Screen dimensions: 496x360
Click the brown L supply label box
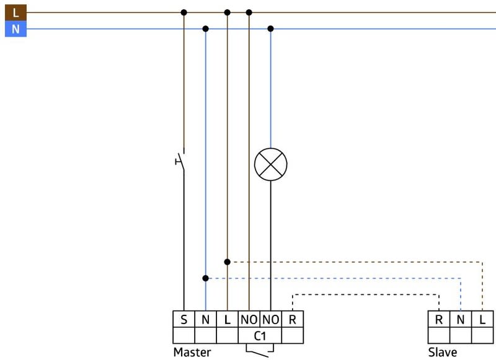15,12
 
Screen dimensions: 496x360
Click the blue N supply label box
15,29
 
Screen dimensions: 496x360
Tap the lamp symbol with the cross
271,164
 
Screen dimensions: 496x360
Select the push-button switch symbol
180,161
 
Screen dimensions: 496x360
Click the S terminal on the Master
184,320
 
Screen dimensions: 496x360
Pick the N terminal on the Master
206,320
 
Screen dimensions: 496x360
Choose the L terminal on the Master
227,320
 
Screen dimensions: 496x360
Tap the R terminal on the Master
293,320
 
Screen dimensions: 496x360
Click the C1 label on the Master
260,336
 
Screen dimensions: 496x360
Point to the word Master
192,352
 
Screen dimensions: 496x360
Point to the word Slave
443,352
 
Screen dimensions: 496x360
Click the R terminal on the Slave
439,320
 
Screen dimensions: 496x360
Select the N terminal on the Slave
461,320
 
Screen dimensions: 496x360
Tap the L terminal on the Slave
482,320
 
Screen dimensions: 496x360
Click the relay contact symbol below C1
260,351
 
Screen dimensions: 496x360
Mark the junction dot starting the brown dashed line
227,262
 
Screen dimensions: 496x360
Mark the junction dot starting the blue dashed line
206,278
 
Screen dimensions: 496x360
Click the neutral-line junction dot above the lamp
270,29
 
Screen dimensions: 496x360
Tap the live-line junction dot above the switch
184,12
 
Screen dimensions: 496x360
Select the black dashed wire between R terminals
366,294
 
